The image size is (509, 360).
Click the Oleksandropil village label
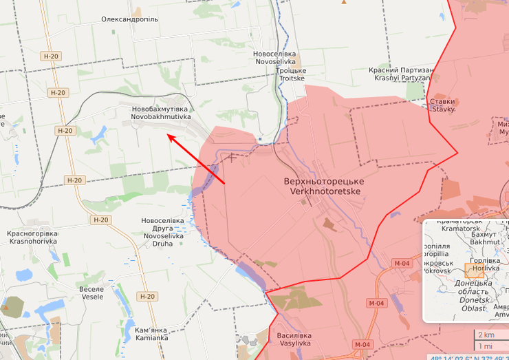pos(129,19)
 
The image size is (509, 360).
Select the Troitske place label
pos(291,74)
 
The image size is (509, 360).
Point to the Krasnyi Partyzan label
pos(402,74)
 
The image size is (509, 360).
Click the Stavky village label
pos(442,105)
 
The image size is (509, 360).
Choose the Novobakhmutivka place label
pos(161,113)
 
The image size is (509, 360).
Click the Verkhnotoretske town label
pos(323,185)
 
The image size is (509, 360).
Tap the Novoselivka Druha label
pos(163,232)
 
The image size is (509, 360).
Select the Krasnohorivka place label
pos(32,238)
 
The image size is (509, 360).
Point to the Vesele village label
pos(91,293)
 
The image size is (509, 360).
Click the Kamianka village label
pos(151,333)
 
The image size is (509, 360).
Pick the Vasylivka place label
pos(294,339)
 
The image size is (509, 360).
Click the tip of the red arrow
pos(169,136)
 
